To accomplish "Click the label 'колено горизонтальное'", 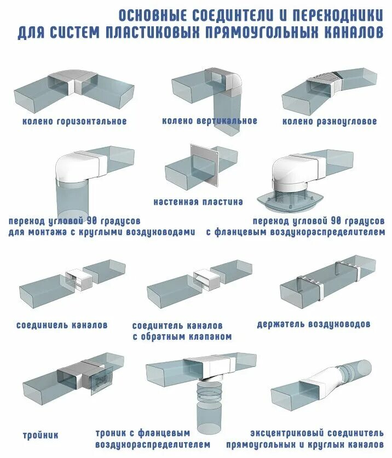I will click(x=74, y=121).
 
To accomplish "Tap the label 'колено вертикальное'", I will click(x=210, y=121).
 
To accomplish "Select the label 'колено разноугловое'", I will click(x=330, y=121).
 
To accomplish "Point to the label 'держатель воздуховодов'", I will click(x=314, y=324).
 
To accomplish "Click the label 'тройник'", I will click(x=41, y=436).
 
